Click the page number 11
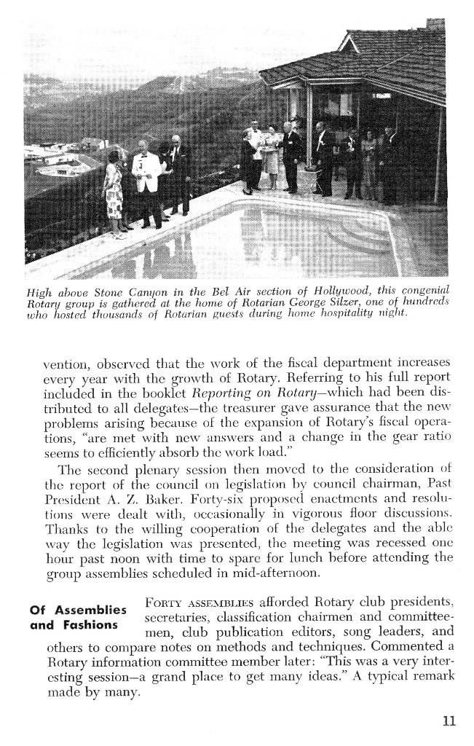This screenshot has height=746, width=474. pos(449,722)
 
